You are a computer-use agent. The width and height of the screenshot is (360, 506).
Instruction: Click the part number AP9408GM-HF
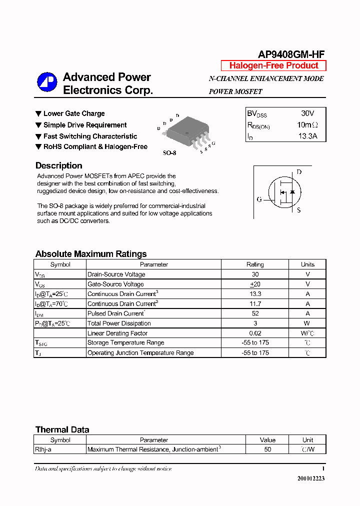[x=291, y=54]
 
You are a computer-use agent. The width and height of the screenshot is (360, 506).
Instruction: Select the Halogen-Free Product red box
[x=273, y=65]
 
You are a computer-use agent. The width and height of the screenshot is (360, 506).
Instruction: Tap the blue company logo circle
[x=47, y=82]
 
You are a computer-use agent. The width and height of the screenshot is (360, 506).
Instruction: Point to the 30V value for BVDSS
[x=307, y=114]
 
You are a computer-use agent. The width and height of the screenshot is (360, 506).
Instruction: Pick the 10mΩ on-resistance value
[x=307, y=125]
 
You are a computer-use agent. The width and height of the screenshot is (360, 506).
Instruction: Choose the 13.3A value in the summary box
[x=307, y=136]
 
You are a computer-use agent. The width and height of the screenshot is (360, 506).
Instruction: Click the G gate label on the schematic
[x=259, y=199]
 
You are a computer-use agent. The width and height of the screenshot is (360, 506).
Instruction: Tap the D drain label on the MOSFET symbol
[x=299, y=172]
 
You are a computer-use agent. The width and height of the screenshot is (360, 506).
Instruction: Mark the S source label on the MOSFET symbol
[x=299, y=210]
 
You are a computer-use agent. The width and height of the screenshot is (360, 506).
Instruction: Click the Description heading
[x=58, y=165]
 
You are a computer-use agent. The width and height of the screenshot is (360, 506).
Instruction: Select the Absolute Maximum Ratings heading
[x=91, y=254]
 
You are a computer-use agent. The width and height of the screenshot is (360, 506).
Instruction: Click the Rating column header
[x=255, y=264]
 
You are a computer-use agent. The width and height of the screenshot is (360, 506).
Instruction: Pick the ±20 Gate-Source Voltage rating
[x=255, y=284]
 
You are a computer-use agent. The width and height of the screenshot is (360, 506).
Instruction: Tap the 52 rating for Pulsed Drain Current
[x=255, y=313]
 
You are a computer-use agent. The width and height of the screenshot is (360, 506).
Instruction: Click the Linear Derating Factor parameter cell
[x=117, y=333]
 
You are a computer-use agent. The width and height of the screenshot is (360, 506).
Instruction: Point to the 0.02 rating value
[x=255, y=333]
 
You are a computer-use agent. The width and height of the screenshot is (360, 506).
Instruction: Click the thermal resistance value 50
[x=267, y=449]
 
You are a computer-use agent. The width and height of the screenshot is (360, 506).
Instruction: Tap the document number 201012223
[x=311, y=478]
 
